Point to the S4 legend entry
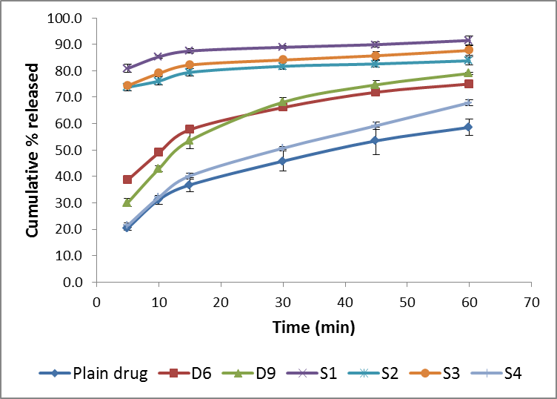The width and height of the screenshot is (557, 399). click(x=501, y=374)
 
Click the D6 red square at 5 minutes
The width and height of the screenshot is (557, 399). click(x=127, y=179)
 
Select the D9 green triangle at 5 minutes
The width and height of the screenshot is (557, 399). click(x=127, y=202)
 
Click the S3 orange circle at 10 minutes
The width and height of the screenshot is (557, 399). click(x=159, y=73)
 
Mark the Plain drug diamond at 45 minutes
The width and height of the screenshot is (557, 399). click(x=376, y=140)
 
